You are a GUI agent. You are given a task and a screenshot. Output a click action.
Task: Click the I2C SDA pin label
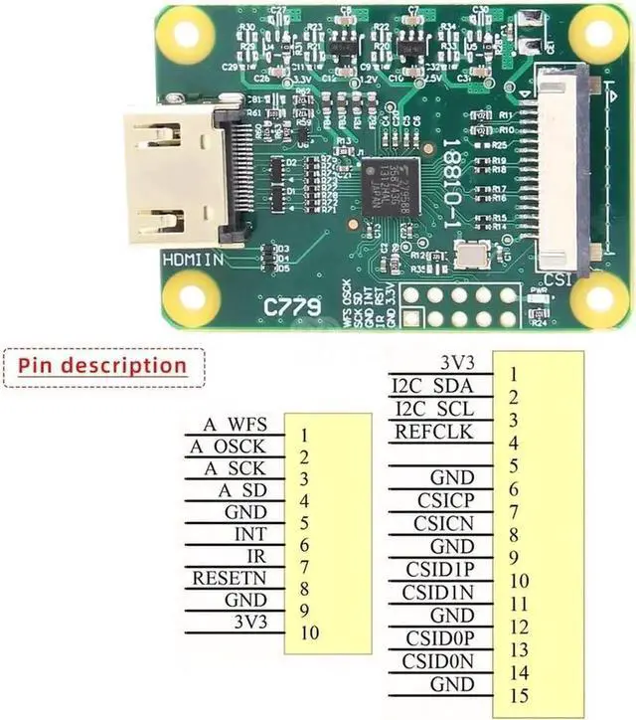coord(432,385)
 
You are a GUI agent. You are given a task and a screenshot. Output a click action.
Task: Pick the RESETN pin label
coord(232,578)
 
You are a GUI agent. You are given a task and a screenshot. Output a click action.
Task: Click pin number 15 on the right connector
coord(513,695)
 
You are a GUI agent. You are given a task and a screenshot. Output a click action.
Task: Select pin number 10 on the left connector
coord(309,632)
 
